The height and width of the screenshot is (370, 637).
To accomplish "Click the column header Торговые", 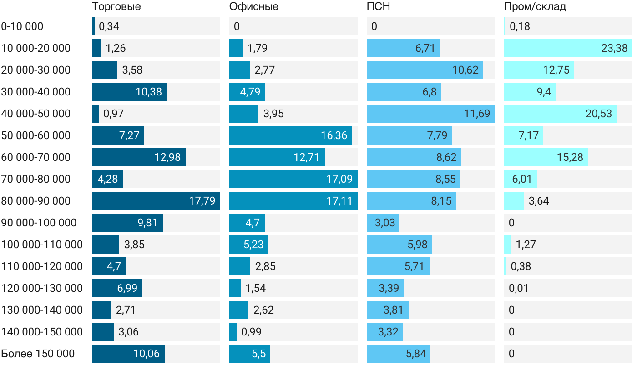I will [116, 7].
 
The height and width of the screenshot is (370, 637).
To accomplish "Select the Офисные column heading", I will [253, 7].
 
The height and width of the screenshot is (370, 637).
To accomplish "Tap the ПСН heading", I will [378, 7].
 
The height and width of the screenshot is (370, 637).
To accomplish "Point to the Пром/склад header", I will [535, 7].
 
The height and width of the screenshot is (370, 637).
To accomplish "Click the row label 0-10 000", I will [22, 26].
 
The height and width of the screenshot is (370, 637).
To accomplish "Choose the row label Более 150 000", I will [38, 354].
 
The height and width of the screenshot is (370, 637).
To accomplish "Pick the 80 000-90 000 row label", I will [36, 201].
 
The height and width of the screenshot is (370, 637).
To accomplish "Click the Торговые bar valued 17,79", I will [156, 201].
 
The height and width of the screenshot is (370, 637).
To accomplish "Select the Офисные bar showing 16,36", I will [290, 135].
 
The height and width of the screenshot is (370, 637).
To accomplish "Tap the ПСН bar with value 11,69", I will [430, 114].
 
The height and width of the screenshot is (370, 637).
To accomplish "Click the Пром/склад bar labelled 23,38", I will [568, 48].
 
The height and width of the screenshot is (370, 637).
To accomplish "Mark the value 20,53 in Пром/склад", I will [599, 114].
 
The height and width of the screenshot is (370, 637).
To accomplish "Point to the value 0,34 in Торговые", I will [109, 26].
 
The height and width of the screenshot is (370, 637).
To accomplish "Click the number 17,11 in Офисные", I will [339, 201].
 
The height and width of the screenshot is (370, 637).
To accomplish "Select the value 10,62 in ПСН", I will [465, 70].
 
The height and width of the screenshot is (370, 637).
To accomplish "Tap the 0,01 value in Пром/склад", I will [519, 288].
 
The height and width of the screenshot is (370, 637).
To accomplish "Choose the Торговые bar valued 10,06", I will [128, 354].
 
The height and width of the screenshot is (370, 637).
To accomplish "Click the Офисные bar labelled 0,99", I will [233, 332].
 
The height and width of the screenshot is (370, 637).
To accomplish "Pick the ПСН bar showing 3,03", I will [383, 223].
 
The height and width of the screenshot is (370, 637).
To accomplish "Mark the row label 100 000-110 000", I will [42, 245].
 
